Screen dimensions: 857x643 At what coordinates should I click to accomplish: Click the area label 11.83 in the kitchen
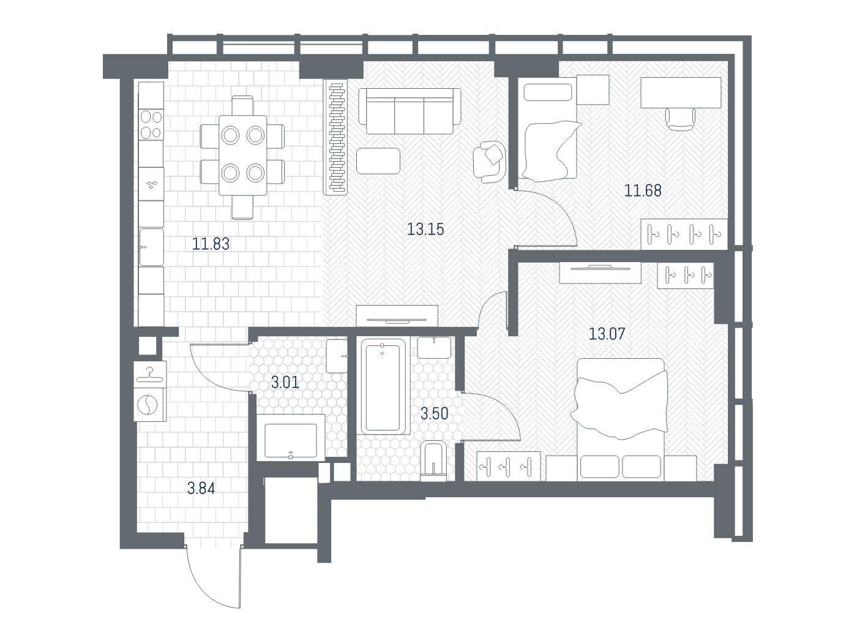tap(211, 244)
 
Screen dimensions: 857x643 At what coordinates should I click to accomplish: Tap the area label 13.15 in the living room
tap(425, 229)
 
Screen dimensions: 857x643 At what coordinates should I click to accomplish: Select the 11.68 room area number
tap(643, 191)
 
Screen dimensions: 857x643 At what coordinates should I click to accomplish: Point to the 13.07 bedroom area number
tap(607, 334)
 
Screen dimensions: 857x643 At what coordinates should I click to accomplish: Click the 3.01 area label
tap(285, 383)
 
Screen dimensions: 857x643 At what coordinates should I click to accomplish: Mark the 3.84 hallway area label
tap(201, 489)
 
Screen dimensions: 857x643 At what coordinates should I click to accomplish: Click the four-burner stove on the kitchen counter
tap(151, 124)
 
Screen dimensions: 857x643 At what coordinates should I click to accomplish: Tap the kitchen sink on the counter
tap(151, 247)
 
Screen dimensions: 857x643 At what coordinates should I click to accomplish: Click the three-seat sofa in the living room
tap(409, 111)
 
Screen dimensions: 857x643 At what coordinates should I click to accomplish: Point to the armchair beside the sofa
tap(490, 162)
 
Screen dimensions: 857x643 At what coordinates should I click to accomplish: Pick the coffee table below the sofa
tap(378, 160)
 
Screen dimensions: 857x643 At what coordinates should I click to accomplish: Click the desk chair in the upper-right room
tap(680, 119)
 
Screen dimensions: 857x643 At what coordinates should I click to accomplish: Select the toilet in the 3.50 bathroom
tap(433, 461)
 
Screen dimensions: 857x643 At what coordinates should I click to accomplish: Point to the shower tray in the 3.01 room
tap(291, 438)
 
